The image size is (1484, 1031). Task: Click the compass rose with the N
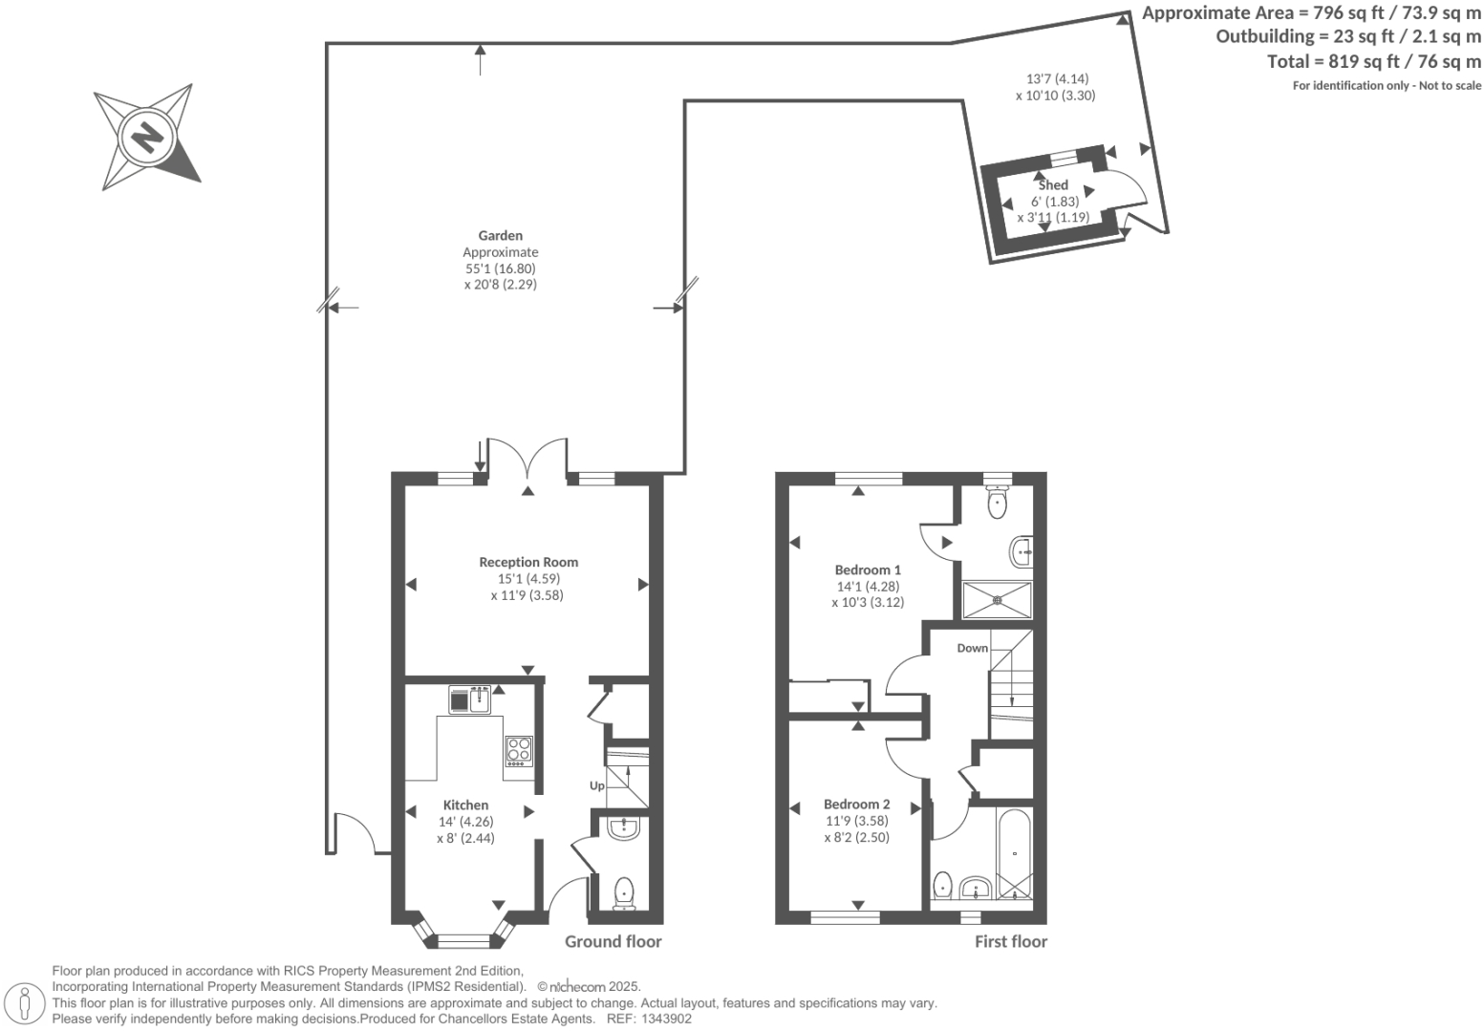(x=146, y=137)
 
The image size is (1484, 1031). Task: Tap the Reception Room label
(x=528, y=562)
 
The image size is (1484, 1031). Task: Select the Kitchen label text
(x=465, y=805)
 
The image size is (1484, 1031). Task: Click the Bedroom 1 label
(x=868, y=569)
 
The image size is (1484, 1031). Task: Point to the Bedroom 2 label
(x=856, y=804)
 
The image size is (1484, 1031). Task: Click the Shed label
(x=1053, y=185)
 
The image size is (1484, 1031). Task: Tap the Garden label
(x=501, y=235)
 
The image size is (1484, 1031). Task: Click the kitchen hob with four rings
(x=519, y=750)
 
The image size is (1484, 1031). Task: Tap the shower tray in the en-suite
(x=997, y=600)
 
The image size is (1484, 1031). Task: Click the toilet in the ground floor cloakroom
(x=624, y=892)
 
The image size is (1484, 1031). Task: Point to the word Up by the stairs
(x=596, y=785)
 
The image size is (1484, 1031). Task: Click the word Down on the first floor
(x=972, y=648)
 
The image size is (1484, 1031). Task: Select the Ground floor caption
(x=613, y=941)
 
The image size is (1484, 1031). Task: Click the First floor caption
(x=1010, y=941)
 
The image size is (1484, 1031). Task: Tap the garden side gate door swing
(x=357, y=831)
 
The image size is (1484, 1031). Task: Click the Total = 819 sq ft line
(x=1373, y=61)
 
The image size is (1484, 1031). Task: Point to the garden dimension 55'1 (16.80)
(x=501, y=268)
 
